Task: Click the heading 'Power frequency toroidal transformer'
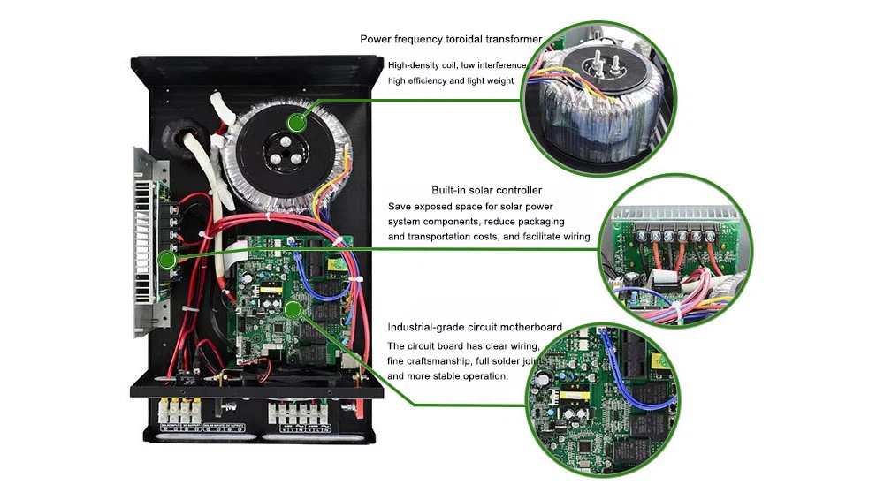click(x=451, y=39)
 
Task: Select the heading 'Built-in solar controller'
click(x=486, y=190)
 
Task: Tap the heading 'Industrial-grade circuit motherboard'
click(x=475, y=328)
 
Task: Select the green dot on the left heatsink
click(x=166, y=260)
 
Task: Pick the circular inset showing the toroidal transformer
click(x=598, y=99)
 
